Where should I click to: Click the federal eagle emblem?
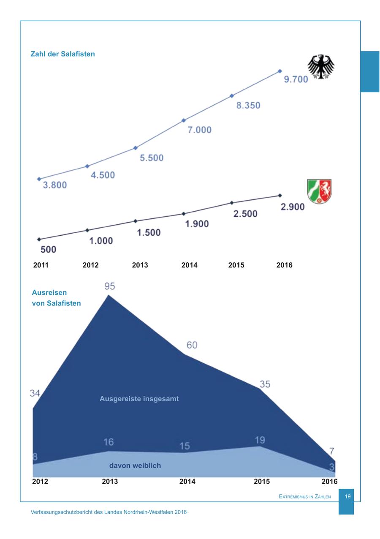(320, 67)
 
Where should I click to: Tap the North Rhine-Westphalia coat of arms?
(319, 192)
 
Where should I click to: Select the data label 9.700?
(296, 79)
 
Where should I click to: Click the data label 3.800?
(55, 185)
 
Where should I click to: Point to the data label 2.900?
(293, 207)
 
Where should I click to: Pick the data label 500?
(48, 250)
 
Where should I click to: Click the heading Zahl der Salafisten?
(62, 54)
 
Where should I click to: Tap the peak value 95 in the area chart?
(109, 286)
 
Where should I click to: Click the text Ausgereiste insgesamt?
(139, 399)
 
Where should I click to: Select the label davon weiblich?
(135, 465)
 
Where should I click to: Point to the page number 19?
(348, 497)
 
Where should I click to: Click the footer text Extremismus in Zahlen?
(305, 497)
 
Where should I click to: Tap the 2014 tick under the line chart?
(189, 265)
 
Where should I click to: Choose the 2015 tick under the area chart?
(261, 482)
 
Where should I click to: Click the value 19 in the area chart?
(260, 440)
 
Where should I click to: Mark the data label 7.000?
(199, 130)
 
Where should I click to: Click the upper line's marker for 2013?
(136, 148)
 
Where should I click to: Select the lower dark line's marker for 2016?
(280, 196)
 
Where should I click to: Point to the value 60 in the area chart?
(192, 345)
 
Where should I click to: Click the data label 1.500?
(149, 232)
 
